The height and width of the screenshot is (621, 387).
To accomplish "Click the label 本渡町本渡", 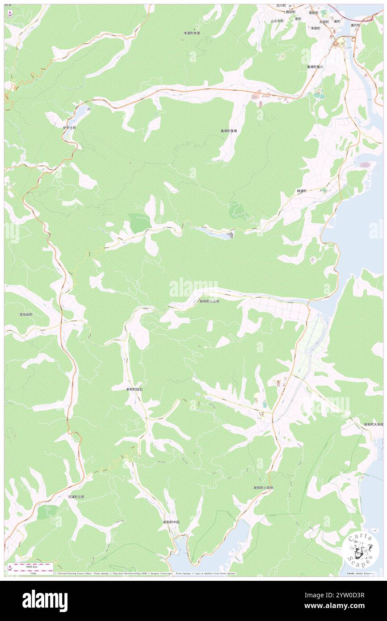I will tap(192, 33).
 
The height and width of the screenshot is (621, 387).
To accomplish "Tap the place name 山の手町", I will tap(277, 21).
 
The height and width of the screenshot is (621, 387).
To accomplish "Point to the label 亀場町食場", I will tap(228, 131).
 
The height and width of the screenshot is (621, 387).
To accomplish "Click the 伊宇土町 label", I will tap(69, 128).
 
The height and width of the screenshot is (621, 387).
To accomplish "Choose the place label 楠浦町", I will tap(304, 191).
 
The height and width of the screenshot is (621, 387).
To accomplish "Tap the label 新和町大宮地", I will tap(210, 302).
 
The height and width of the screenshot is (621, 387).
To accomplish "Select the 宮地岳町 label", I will tap(25, 315).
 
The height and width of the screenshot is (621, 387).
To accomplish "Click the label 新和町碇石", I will tap(134, 390).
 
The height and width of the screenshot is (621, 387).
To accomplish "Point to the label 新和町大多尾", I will tap(373, 424).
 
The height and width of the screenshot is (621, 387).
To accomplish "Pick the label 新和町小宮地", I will tap(263, 488).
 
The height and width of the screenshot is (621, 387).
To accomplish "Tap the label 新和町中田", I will tap(171, 522).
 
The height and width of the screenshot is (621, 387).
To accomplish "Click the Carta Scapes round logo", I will tap(361, 550).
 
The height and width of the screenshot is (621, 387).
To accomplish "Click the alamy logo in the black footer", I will tap(45, 601).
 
